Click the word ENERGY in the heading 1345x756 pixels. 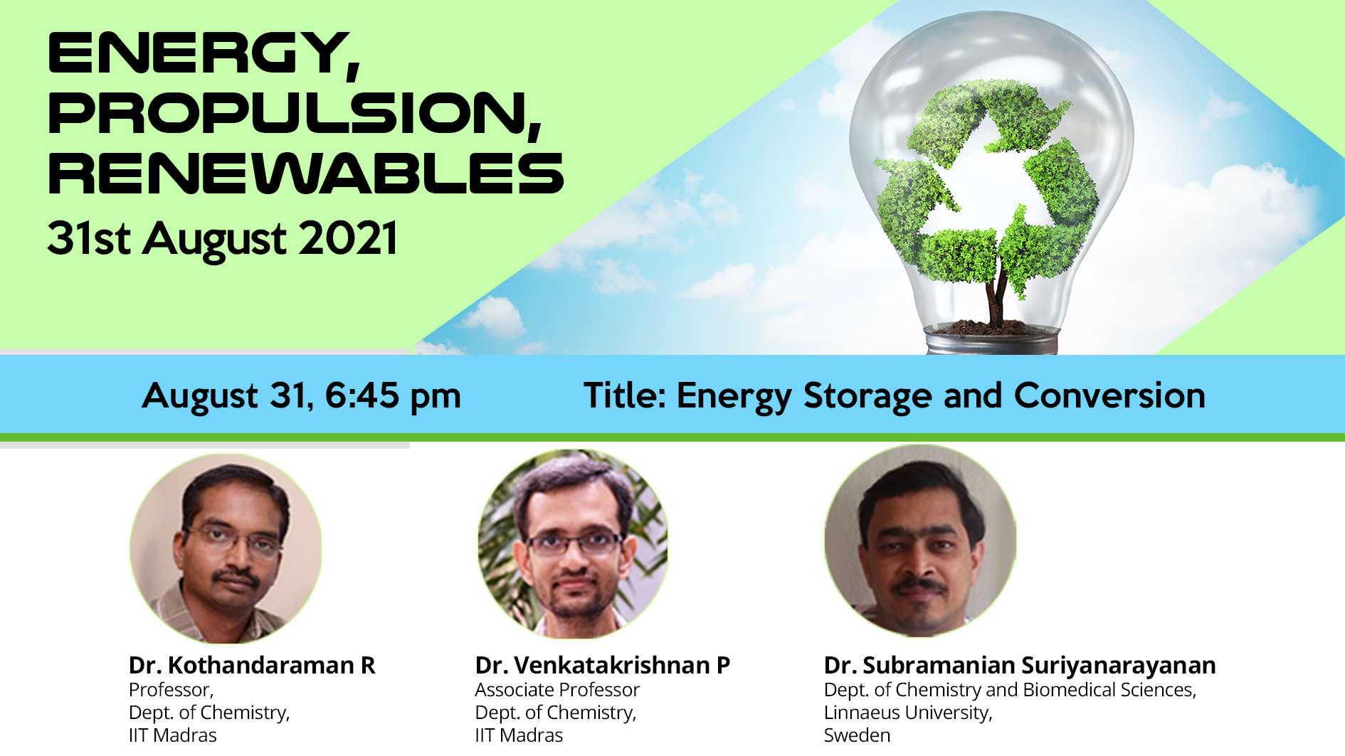click(x=204, y=53)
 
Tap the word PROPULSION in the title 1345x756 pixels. click(x=295, y=112)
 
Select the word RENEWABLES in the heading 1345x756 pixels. click(x=306, y=173)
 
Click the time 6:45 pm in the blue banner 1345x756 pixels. click(x=393, y=395)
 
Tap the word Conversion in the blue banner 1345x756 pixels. click(x=1109, y=395)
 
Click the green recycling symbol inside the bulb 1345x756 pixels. click(x=987, y=183)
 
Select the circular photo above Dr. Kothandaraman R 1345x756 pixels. click(x=226, y=549)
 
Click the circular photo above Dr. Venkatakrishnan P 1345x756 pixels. click(x=573, y=544)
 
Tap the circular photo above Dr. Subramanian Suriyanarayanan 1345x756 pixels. click(x=920, y=541)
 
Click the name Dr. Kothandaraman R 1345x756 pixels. click(x=252, y=665)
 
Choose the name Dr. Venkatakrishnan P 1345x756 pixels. click(x=603, y=665)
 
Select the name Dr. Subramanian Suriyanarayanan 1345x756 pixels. click(x=1020, y=666)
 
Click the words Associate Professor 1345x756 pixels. click(x=557, y=690)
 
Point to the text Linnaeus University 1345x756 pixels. click(x=908, y=713)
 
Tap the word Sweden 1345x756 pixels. click(x=857, y=735)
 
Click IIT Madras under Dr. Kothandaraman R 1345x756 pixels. click(x=172, y=735)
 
